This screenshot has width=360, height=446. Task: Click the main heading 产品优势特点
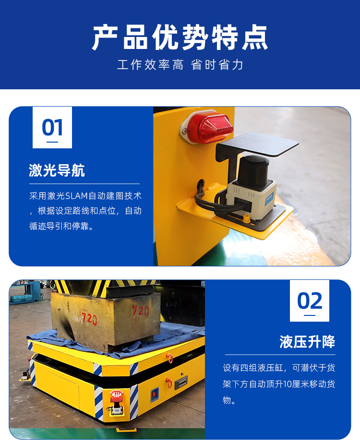tap(180, 37)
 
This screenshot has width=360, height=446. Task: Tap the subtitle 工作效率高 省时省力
tap(180, 64)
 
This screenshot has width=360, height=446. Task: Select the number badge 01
tap(52, 127)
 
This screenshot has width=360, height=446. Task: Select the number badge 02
tap(310, 301)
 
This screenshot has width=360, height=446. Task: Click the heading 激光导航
tap(57, 170)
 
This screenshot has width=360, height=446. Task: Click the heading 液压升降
tap(307, 342)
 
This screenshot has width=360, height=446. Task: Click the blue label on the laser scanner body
tap(269, 198)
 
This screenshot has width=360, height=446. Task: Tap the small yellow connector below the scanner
tap(246, 219)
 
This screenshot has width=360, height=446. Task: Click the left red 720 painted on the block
tap(89, 319)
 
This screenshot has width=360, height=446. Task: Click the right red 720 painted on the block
tap(140, 311)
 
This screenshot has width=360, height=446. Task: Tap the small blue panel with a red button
tap(155, 395)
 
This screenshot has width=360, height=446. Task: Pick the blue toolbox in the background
tap(22, 299)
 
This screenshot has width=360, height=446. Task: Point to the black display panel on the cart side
tap(181, 383)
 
